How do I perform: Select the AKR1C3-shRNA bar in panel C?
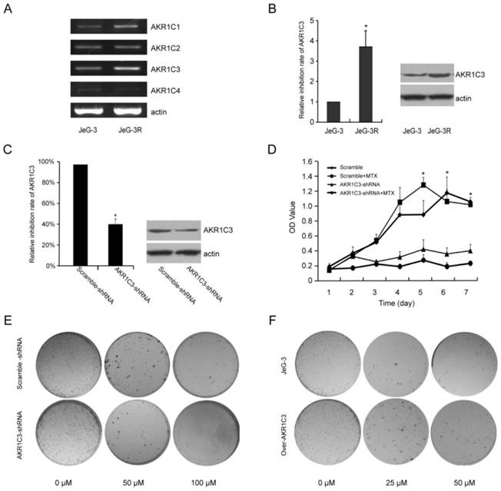pos(116,245)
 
